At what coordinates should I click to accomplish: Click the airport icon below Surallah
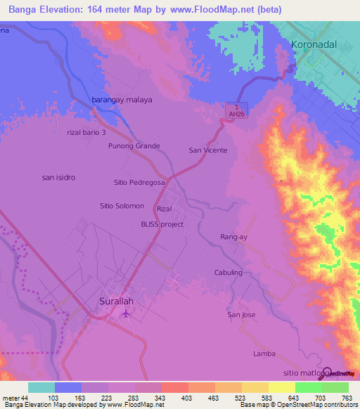click(x=126, y=313)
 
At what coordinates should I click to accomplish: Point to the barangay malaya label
click(x=122, y=100)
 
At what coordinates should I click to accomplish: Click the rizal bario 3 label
click(x=86, y=132)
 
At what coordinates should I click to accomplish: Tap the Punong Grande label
click(x=134, y=146)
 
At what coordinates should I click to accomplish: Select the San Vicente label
click(x=208, y=150)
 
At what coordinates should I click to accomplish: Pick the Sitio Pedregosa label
click(x=139, y=182)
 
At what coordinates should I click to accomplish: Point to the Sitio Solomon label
click(x=122, y=206)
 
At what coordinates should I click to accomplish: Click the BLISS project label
click(x=162, y=224)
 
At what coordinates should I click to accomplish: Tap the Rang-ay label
click(x=234, y=237)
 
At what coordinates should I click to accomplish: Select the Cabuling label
click(x=228, y=273)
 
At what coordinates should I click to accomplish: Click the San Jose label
click(x=241, y=314)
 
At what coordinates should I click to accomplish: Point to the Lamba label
click(x=264, y=353)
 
